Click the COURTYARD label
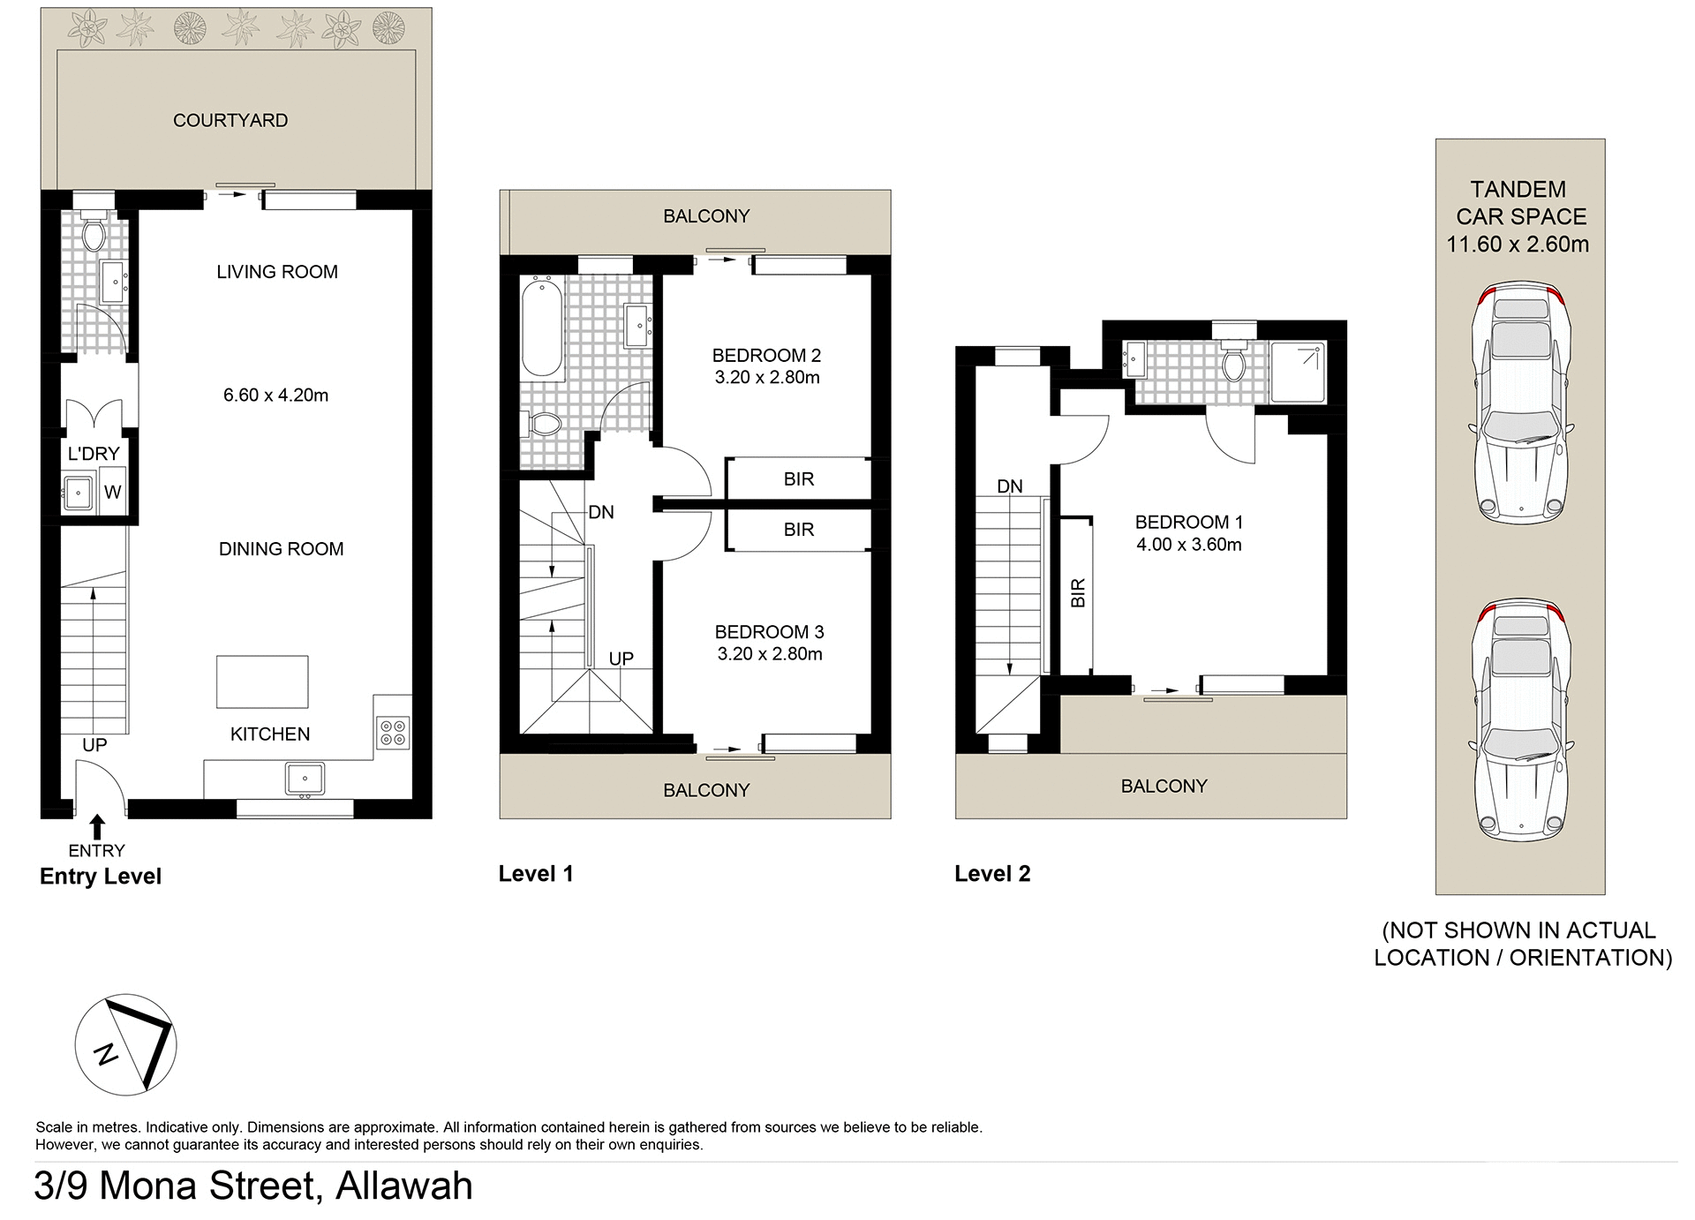tap(230, 120)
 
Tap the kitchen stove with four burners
tap(392, 733)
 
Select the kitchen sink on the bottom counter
tap(305, 779)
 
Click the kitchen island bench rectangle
tap(262, 682)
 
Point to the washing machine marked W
tap(112, 493)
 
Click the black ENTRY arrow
tap(97, 827)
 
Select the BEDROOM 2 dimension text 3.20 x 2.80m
tap(767, 378)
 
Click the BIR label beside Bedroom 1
tap(1077, 593)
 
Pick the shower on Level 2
tap(1298, 372)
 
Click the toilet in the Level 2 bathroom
tap(1233, 361)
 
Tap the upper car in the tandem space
tap(1520, 403)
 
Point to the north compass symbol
tap(125, 1045)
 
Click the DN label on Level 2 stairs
tap(1009, 486)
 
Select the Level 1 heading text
tap(536, 874)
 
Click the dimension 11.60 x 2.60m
tap(1518, 245)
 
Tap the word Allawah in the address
tap(404, 1186)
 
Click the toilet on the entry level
tap(93, 232)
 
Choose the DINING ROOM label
tap(281, 549)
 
